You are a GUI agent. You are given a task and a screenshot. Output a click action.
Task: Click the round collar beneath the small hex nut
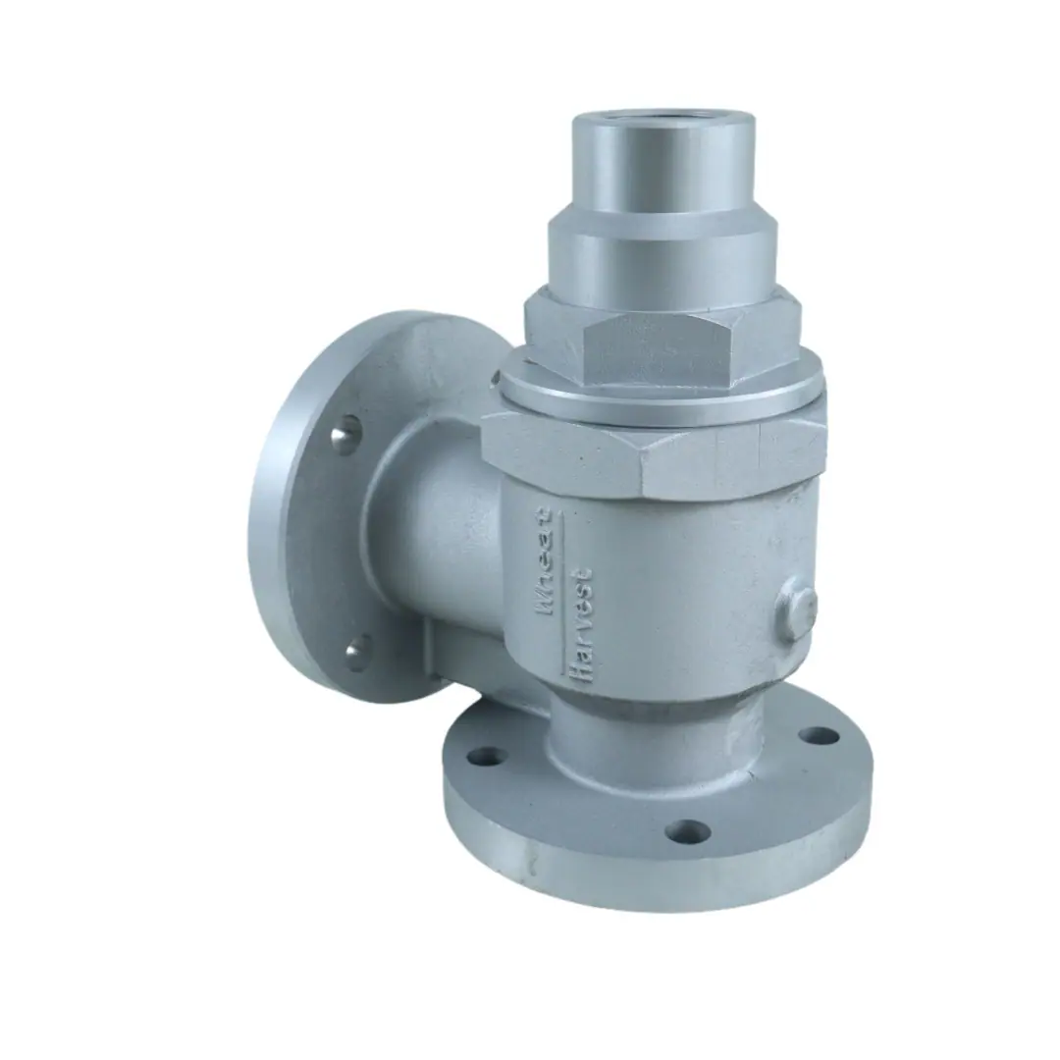(x=662, y=397)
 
